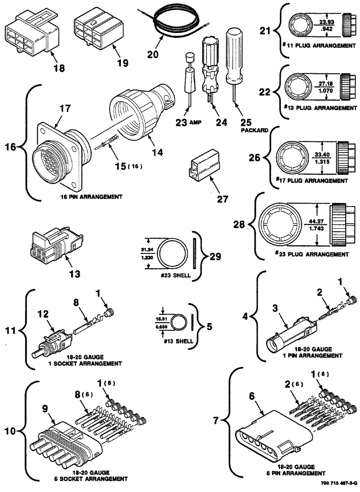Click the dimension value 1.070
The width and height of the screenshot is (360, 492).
(x=323, y=91)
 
